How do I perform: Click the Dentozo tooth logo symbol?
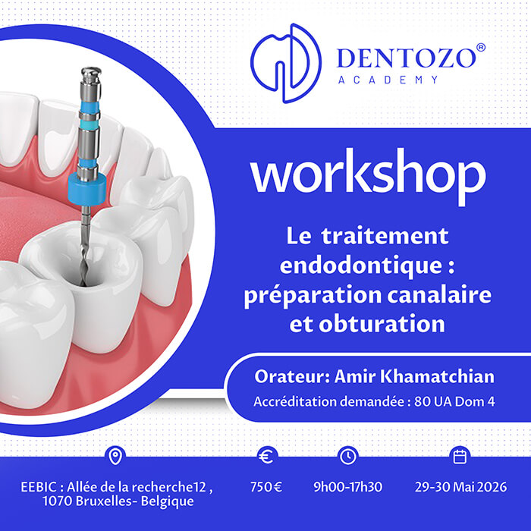pyautogui.click(x=286, y=63)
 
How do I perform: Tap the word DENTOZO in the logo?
pyautogui.click(x=407, y=58)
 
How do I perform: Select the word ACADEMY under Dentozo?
pyautogui.click(x=388, y=80)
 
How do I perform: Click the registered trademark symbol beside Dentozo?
pyautogui.click(x=480, y=48)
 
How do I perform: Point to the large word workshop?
pyautogui.click(x=369, y=177)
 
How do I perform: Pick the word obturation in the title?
pyautogui.click(x=382, y=324)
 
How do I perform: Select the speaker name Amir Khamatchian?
pyautogui.click(x=414, y=376)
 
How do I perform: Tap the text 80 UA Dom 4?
pyautogui.click(x=454, y=401)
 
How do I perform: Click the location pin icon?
pyautogui.click(x=115, y=456)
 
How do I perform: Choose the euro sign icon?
pyautogui.click(x=267, y=456)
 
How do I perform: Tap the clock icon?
pyautogui.click(x=347, y=456)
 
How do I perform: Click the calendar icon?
pyautogui.click(x=460, y=456)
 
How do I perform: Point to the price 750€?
pyautogui.click(x=266, y=487)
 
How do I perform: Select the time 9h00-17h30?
pyautogui.click(x=347, y=487)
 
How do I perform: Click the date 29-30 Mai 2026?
pyautogui.click(x=461, y=487)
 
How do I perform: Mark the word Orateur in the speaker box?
pyautogui.click(x=292, y=376)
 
